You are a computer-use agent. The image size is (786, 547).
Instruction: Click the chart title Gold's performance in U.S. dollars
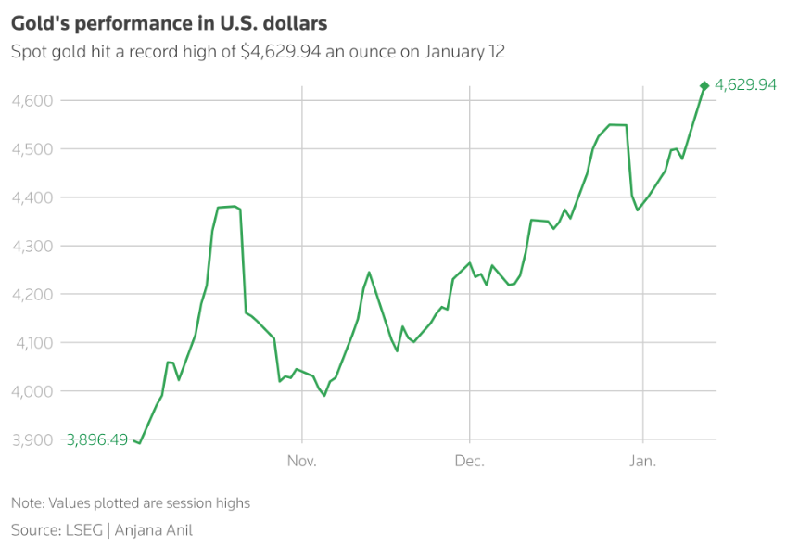click(169, 21)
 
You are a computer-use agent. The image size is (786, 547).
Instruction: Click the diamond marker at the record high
click(704, 86)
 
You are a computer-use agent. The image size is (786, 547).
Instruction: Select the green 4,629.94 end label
click(745, 85)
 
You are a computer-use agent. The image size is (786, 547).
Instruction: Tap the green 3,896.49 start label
click(97, 439)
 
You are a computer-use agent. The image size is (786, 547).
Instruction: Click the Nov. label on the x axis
click(303, 461)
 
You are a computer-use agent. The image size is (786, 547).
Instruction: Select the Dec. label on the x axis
click(470, 461)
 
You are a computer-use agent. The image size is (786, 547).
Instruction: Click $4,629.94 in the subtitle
click(281, 52)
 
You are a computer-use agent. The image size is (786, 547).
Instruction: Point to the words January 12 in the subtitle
click(464, 52)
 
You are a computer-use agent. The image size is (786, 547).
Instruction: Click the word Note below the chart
click(27, 503)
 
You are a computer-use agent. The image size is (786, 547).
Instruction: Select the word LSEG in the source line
click(82, 530)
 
